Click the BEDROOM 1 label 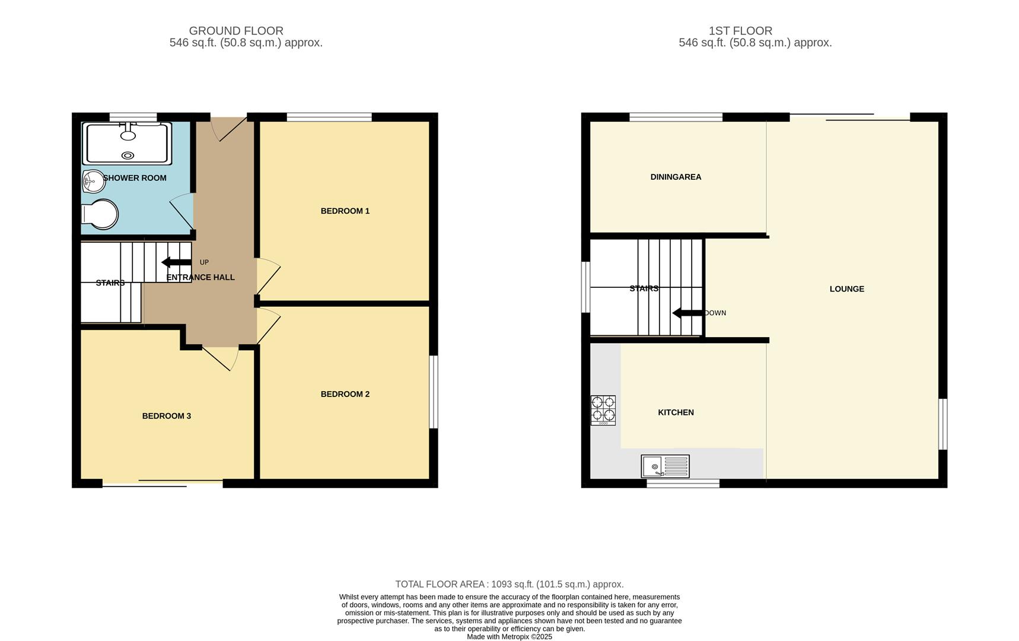345,211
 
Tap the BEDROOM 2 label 345,394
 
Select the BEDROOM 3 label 166,416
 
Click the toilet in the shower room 99,214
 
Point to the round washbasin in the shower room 93,182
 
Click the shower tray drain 128,156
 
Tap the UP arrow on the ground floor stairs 176,262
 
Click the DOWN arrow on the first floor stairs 687,313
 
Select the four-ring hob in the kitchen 603,410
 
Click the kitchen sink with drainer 665,467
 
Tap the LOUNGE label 846,289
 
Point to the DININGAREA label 676,177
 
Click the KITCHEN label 676,412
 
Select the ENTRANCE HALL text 200,277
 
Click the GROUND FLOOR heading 236,31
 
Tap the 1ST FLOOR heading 740,31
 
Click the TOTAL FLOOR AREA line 509,585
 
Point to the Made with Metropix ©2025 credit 509,637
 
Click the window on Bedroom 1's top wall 329,117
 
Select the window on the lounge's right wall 942,424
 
